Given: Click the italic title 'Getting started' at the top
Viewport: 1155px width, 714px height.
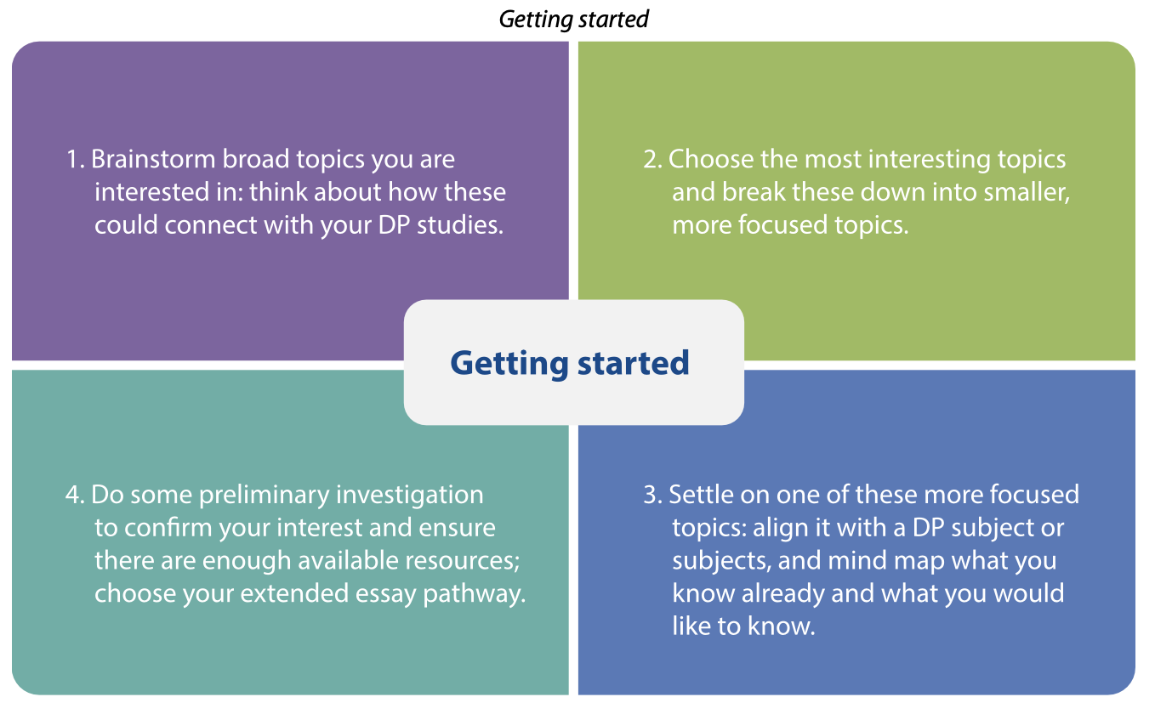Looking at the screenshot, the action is pyautogui.click(x=573, y=20).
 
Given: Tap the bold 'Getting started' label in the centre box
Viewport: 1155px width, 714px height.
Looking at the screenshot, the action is pyautogui.click(x=570, y=364).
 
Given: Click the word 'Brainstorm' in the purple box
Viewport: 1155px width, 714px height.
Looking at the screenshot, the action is pyautogui.click(x=153, y=159).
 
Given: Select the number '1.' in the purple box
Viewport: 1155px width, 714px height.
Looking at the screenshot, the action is pyautogui.click(x=76, y=159).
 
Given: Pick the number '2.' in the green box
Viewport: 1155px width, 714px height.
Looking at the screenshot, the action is pyautogui.click(x=653, y=159).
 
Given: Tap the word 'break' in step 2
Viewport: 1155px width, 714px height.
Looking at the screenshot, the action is pyautogui.click(x=754, y=192).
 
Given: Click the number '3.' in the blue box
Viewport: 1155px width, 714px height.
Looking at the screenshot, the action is pyautogui.click(x=653, y=495).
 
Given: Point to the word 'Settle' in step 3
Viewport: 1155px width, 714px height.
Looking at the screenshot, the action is pyautogui.click(x=701, y=495).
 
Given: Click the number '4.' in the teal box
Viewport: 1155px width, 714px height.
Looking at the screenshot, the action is pyautogui.click(x=75, y=495).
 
